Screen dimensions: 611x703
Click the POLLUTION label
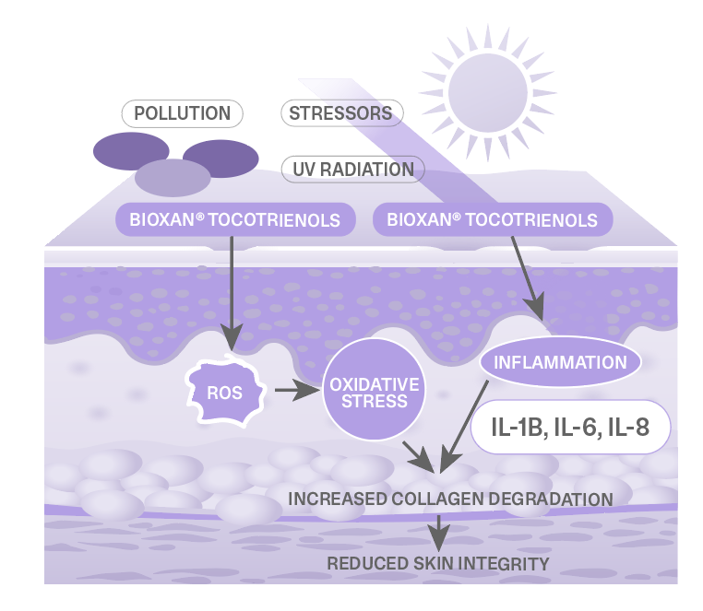coord(183,114)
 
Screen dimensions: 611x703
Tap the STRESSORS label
coord(340,114)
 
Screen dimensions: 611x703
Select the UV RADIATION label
coord(352,170)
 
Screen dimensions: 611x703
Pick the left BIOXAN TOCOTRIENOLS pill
coord(235,220)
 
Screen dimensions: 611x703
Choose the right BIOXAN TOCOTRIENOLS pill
coord(492,220)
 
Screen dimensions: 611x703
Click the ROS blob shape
coord(224,393)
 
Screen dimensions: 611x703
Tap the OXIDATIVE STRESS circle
coord(374,393)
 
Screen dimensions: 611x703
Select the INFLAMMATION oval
coord(561,361)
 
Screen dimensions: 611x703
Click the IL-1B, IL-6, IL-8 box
coord(569,427)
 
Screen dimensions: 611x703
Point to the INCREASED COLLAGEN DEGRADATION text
coord(450,499)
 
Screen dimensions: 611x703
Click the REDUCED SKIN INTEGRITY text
coord(439,563)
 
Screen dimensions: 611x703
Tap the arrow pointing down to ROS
coord(231,295)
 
